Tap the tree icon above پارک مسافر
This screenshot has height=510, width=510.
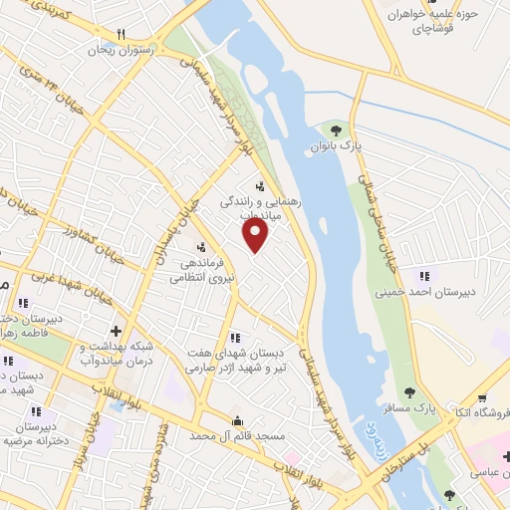coord(409,391)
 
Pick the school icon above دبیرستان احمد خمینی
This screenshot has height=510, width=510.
coord(425,276)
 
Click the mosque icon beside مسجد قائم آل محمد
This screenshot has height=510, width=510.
coord(237,419)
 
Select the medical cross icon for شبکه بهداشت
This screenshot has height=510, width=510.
coord(116,330)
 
